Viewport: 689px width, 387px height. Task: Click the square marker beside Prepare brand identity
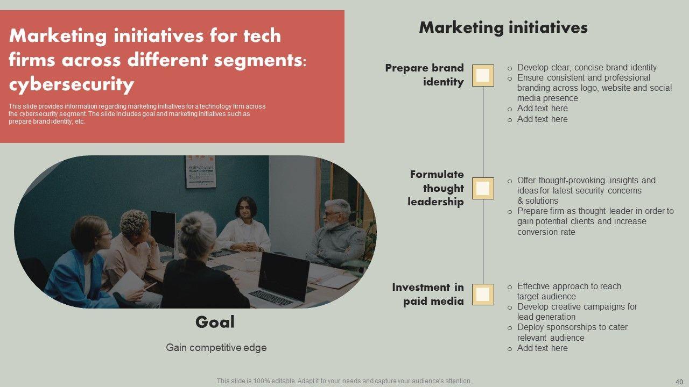[483, 75]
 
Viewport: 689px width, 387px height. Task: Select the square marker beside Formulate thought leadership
[483, 188]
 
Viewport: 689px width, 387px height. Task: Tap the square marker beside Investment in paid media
[483, 294]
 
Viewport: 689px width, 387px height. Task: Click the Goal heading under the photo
[215, 322]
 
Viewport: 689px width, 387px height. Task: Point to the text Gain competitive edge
[216, 347]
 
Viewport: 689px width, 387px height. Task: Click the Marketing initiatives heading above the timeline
[503, 27]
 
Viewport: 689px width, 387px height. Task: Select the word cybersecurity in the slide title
[72, 84]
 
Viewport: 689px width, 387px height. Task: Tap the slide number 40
[679, 382]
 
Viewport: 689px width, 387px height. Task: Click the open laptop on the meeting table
[280, 279]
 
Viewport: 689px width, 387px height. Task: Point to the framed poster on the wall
[201, 171]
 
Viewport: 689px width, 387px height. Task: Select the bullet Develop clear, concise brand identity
[587, 67]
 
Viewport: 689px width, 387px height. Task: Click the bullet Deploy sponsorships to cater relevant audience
[572, 332]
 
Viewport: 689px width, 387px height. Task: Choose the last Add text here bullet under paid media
[542, 348]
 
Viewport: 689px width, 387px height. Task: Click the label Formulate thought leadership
[436, 188]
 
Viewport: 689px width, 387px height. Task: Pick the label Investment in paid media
[428, 294]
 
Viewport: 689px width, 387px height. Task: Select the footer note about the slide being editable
[344, 381]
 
